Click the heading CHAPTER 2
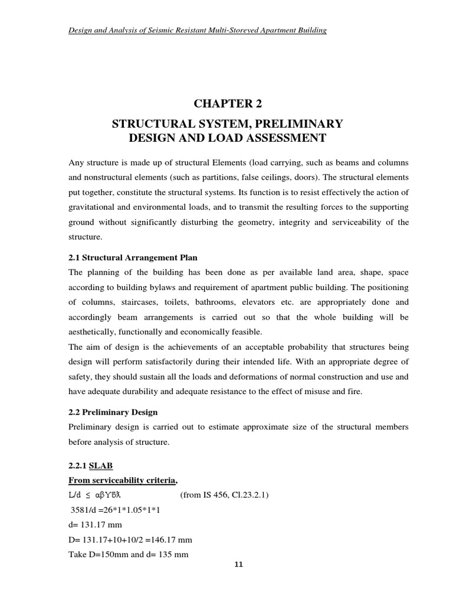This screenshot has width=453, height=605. point(227,105)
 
